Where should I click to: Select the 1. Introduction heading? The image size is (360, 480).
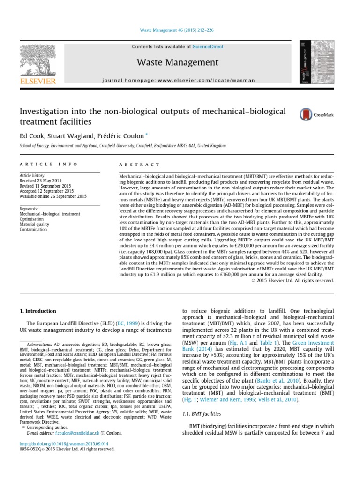coord(37,311)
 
